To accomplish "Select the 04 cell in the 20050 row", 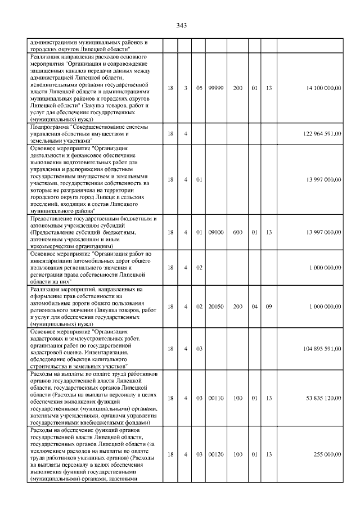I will [x=254, y=307].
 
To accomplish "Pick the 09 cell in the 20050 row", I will [x=269, y=307].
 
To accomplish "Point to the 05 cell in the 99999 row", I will [x=199, y=88].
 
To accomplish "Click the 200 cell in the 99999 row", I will [x=238, y=88].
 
